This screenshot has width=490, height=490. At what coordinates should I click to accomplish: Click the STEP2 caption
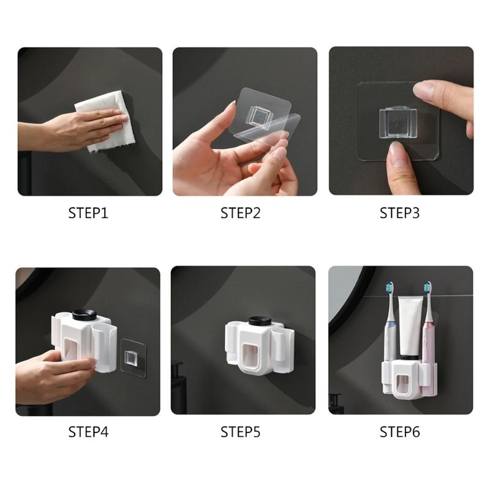[241, 213]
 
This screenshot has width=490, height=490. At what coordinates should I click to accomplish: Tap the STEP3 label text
[400, 213]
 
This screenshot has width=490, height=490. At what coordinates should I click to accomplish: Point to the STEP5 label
[241, 432]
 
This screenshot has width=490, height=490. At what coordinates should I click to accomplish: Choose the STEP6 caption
[400, 432]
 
